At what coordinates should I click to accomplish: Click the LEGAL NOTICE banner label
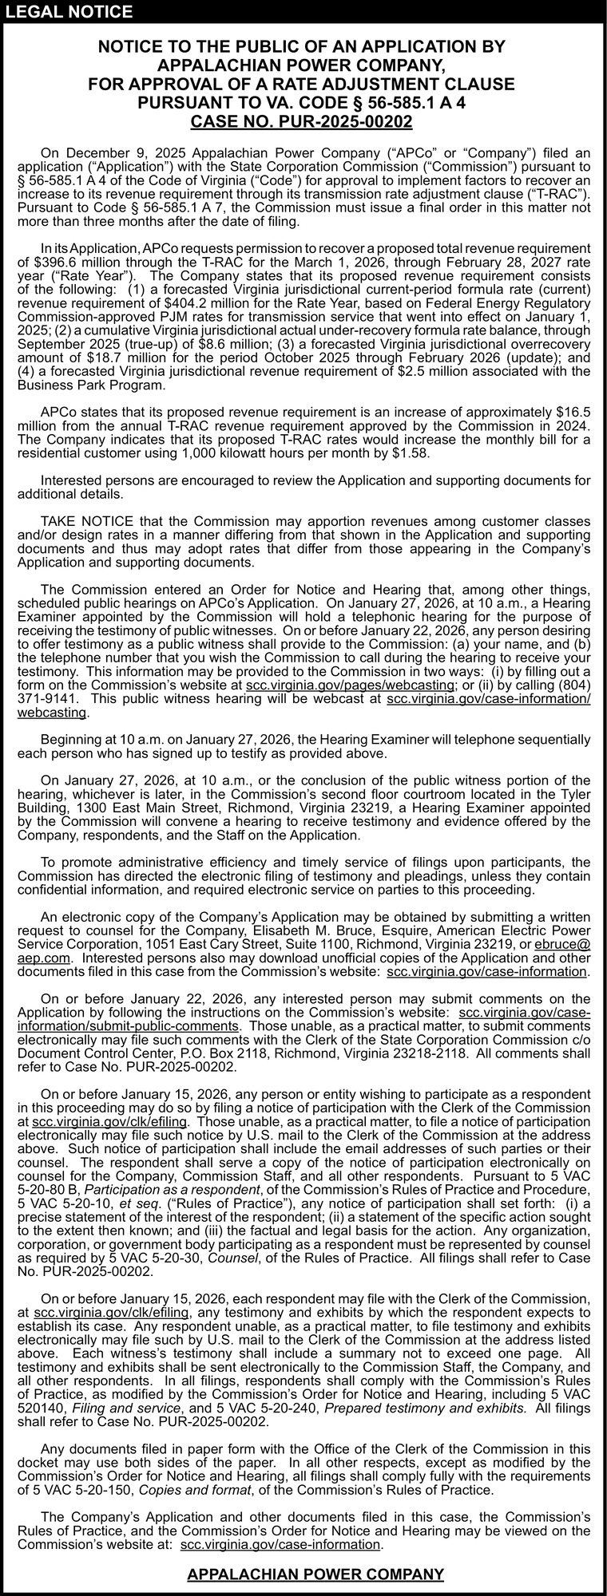click(x=69, y=11)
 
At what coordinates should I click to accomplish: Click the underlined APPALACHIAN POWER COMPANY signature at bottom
click(x=315, y=1574)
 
